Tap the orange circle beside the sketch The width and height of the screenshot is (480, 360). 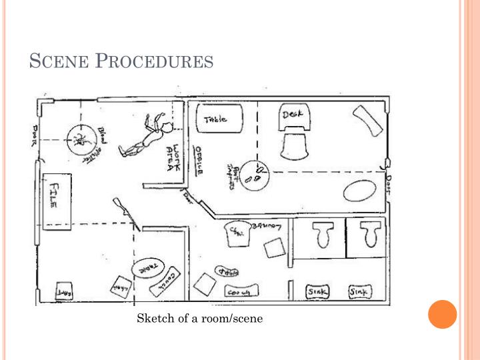tap(442, 314)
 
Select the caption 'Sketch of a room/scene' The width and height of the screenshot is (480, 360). tap(200, 319)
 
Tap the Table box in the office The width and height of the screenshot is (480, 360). tap(216, 121)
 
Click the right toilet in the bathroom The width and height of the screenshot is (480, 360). tap(369, 235)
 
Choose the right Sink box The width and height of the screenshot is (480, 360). tap(361, 292)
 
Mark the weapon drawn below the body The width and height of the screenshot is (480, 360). tap(127, 211)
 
